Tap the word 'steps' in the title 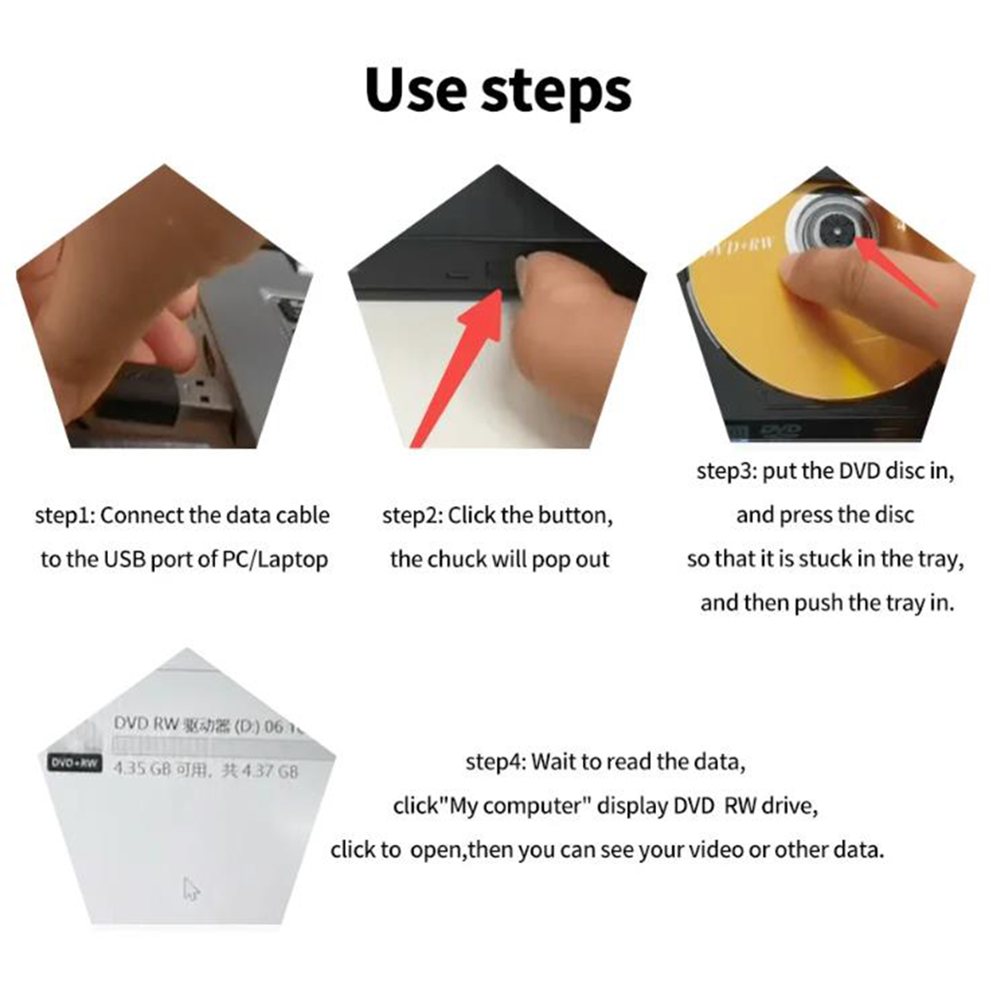pos(556,92)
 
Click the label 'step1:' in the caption pos(65,516)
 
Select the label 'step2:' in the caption pos(412,516)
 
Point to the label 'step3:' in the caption pos(727,471)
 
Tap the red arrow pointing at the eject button pos(462,363)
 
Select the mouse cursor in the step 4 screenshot pos(191,889)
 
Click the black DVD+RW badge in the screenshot pos(73,763)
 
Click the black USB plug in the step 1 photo pos(140,401)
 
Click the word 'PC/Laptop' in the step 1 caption pos(275,560)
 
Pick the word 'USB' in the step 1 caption pos(124,560)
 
